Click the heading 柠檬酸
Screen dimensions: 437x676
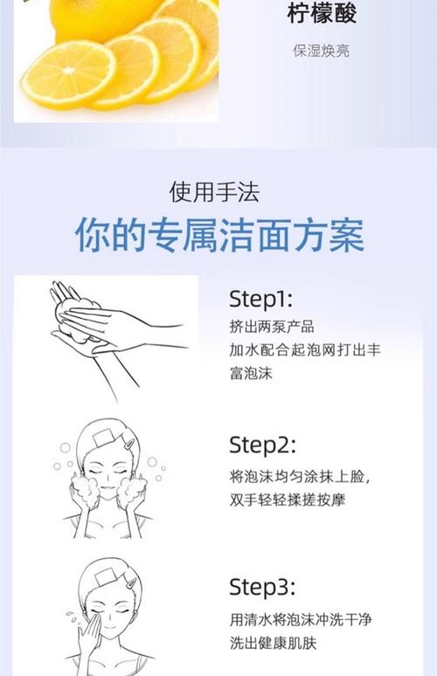[x=322, y=13]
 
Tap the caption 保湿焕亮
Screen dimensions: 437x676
[x=322, y=51]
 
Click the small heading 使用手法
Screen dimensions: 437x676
[x=214, y=192]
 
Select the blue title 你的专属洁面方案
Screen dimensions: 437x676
[x=219, y=235]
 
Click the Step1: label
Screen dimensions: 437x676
[x=261, y=299]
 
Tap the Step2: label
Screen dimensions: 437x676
[x=263, y=445]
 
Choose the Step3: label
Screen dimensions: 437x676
[x=263, y=587]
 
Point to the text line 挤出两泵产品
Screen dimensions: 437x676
[x=272, y=327]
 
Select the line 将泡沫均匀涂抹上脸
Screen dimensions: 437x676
[x=300, y=477]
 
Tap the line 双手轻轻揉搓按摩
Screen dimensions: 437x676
[x=288, y=500]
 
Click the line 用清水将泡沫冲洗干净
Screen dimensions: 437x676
[x=301, y=620]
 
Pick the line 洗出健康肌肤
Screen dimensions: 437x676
[x=273, y=643]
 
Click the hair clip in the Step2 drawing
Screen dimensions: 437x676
[x=129, y=444]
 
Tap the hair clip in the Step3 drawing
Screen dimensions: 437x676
[x=131, y=584]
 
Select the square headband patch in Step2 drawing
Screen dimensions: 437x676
[x=102, y=438]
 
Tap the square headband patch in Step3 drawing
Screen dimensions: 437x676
[x=105, y=577]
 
